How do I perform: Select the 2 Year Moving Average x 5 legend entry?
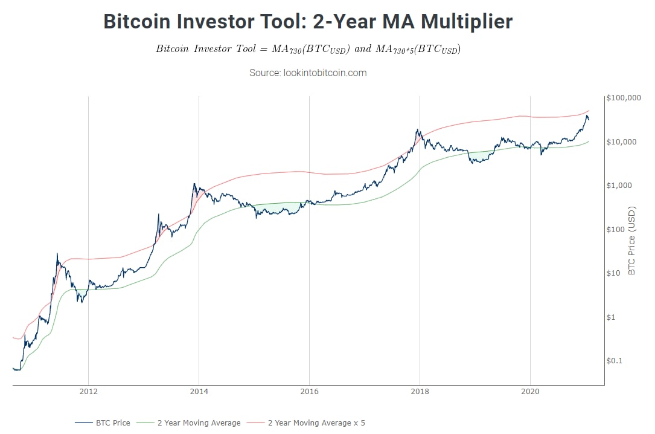[x=316, y=423]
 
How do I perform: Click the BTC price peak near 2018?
[x=417, y=130]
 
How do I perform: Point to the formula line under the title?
[x=308, y=49]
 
